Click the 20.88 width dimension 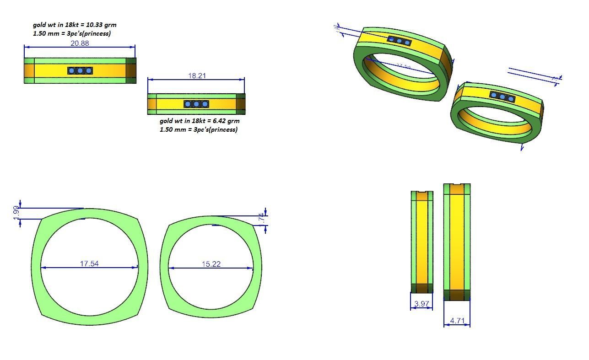80,43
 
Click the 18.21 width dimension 197,76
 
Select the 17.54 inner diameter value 89,264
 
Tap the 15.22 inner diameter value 211,264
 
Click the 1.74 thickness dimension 261,219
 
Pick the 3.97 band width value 421,304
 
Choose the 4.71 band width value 457,321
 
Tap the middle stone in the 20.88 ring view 80,70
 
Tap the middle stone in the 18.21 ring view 196,104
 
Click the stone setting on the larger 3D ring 399,41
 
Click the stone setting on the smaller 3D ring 503,97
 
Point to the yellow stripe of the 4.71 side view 456,242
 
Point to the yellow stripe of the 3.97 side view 421,242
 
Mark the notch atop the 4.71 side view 457,185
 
